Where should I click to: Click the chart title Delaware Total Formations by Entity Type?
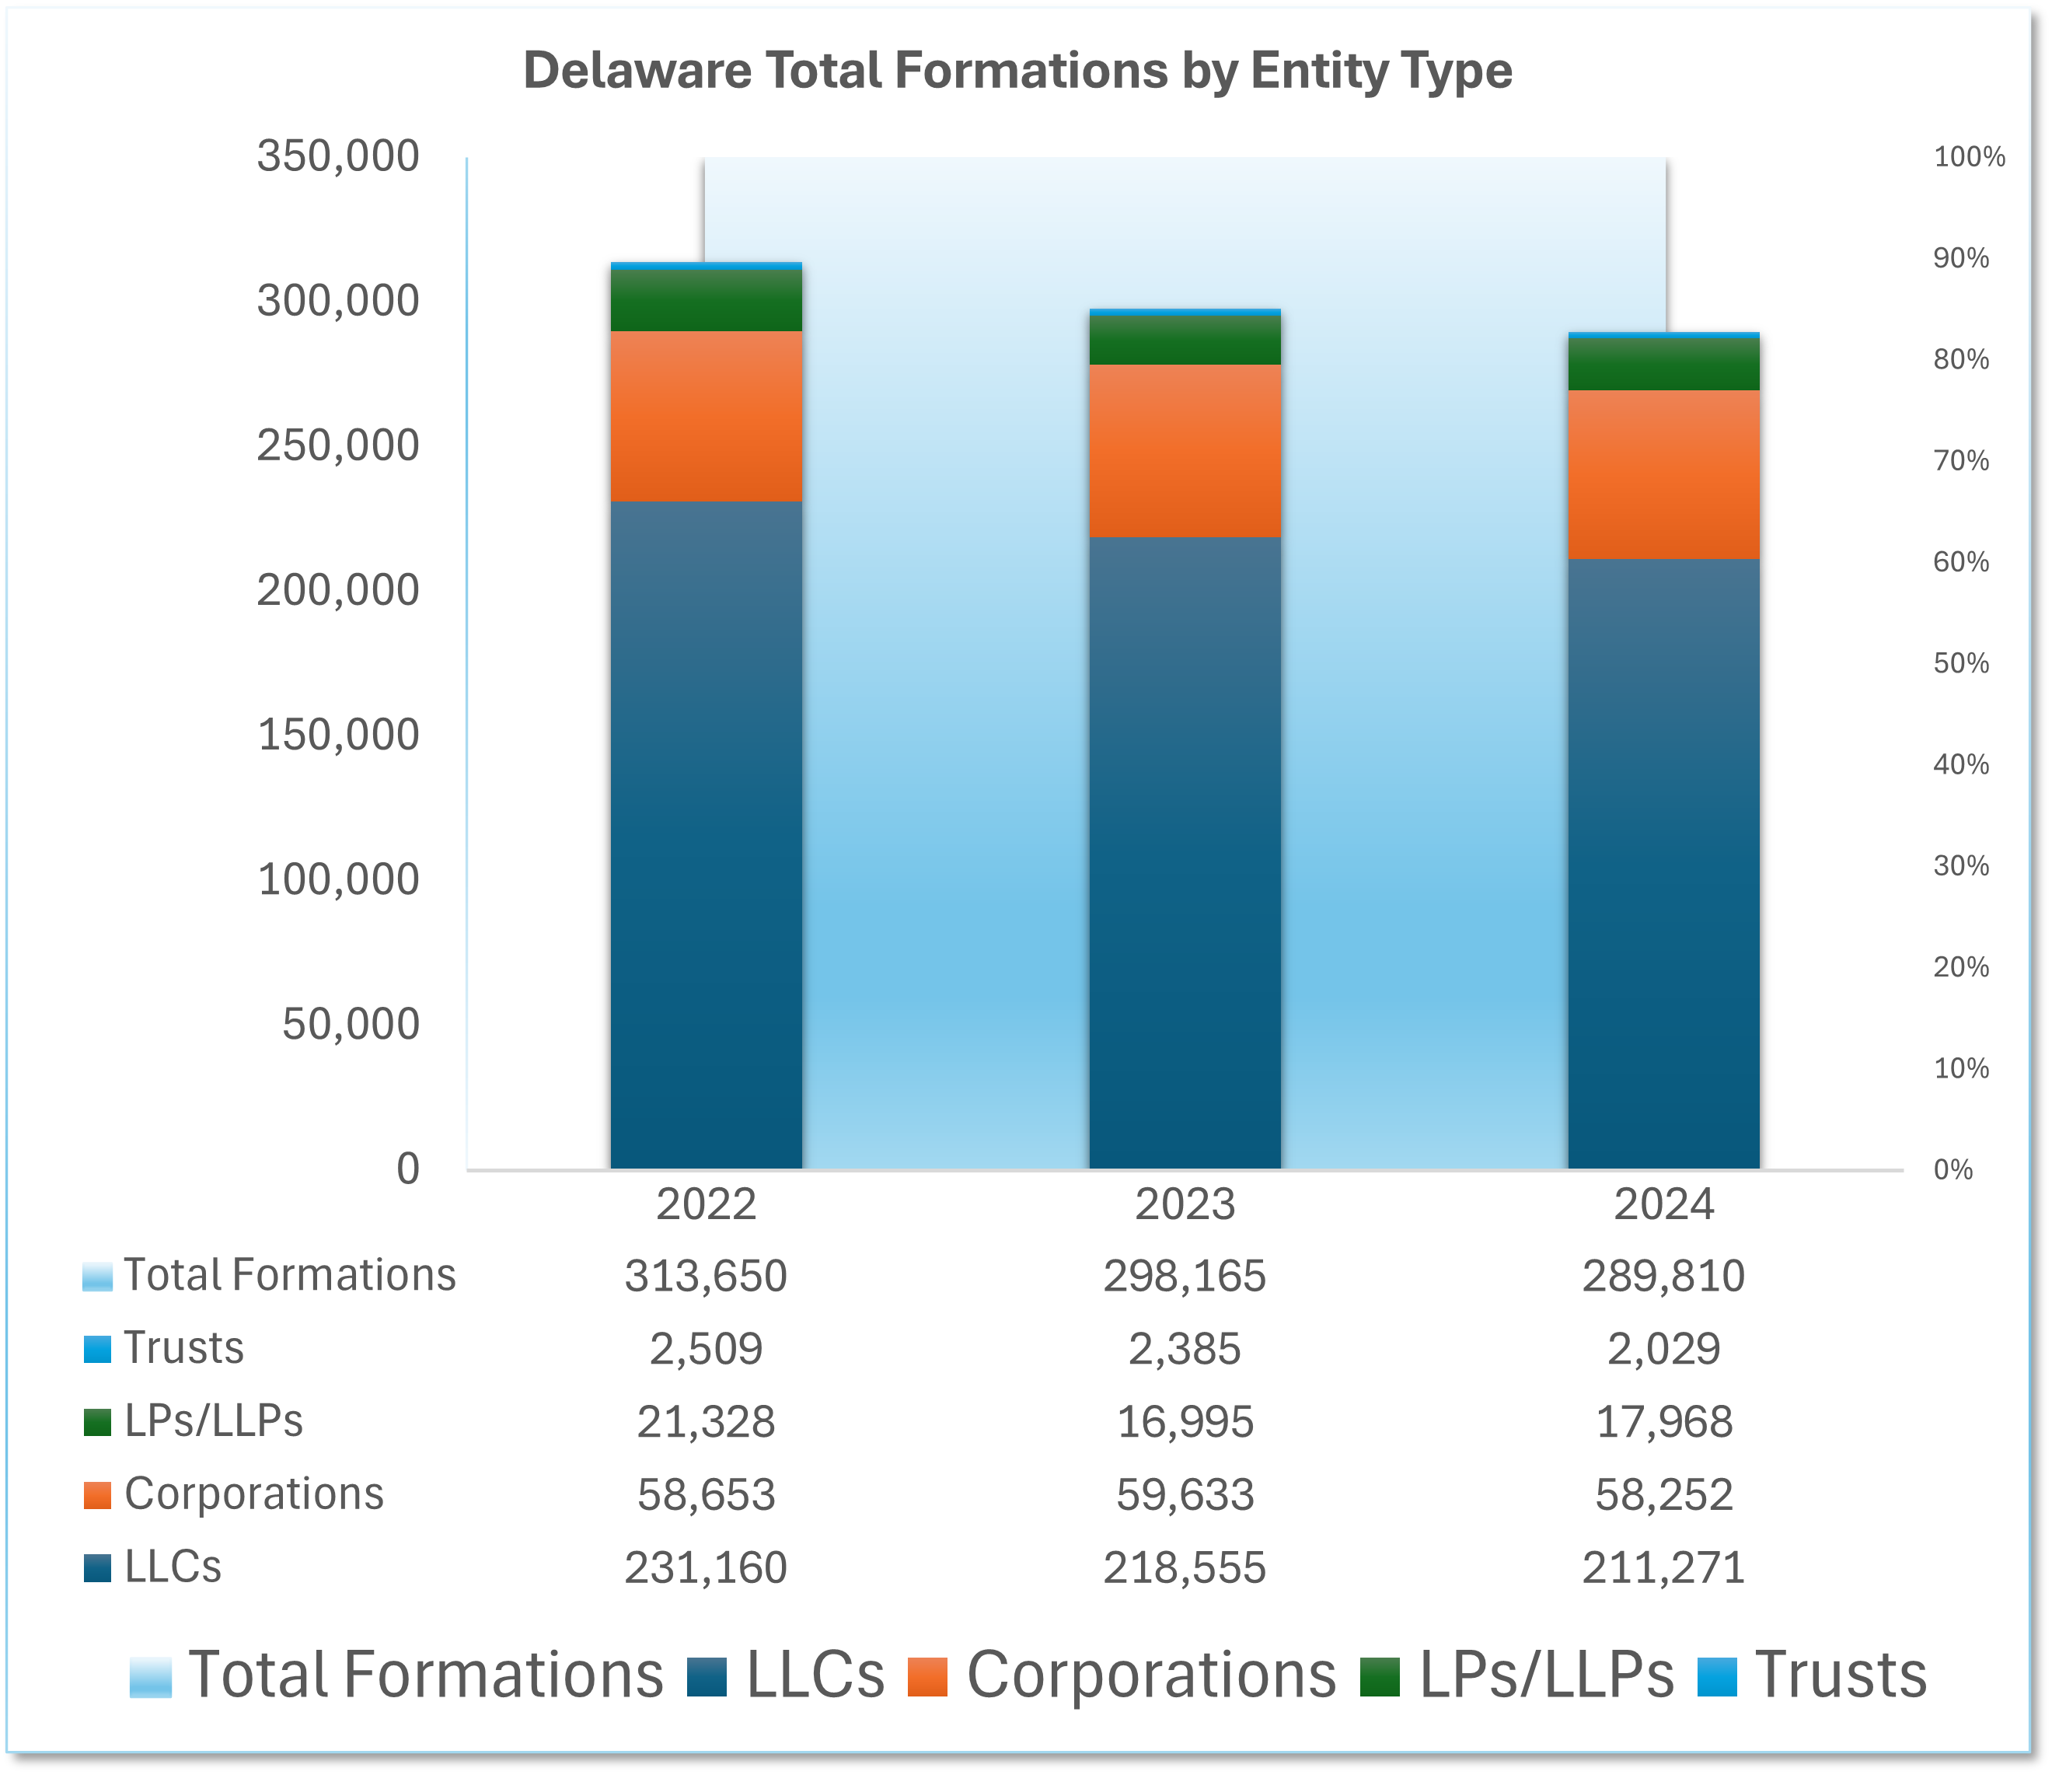(x=1017, y=72)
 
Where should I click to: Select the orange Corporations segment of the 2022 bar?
(x=706, y=416)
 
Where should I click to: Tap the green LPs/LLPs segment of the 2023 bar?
(x=1185, y=341)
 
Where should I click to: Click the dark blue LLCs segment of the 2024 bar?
(x=1664, y=861)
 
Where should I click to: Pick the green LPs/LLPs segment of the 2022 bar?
(x=706, y=300)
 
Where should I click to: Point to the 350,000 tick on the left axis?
(x=337, y=156)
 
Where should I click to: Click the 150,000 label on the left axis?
(x=337, y=735)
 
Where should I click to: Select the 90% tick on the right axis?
(x=1961, y=259)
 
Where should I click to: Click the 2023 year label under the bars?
(x=1185, y=1205)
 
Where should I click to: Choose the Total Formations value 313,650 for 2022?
(x=706, y=1276)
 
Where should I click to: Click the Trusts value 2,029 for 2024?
(x=1664, y=1349)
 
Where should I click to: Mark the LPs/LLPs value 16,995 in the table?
(x=1185, y=1422)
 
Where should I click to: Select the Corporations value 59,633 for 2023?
(x=1185, y=1494)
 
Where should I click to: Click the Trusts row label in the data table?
(x=183, y=1348)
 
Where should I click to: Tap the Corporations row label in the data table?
(x=253, y=1494)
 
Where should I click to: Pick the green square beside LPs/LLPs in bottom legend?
(x=1379, y=1677)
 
